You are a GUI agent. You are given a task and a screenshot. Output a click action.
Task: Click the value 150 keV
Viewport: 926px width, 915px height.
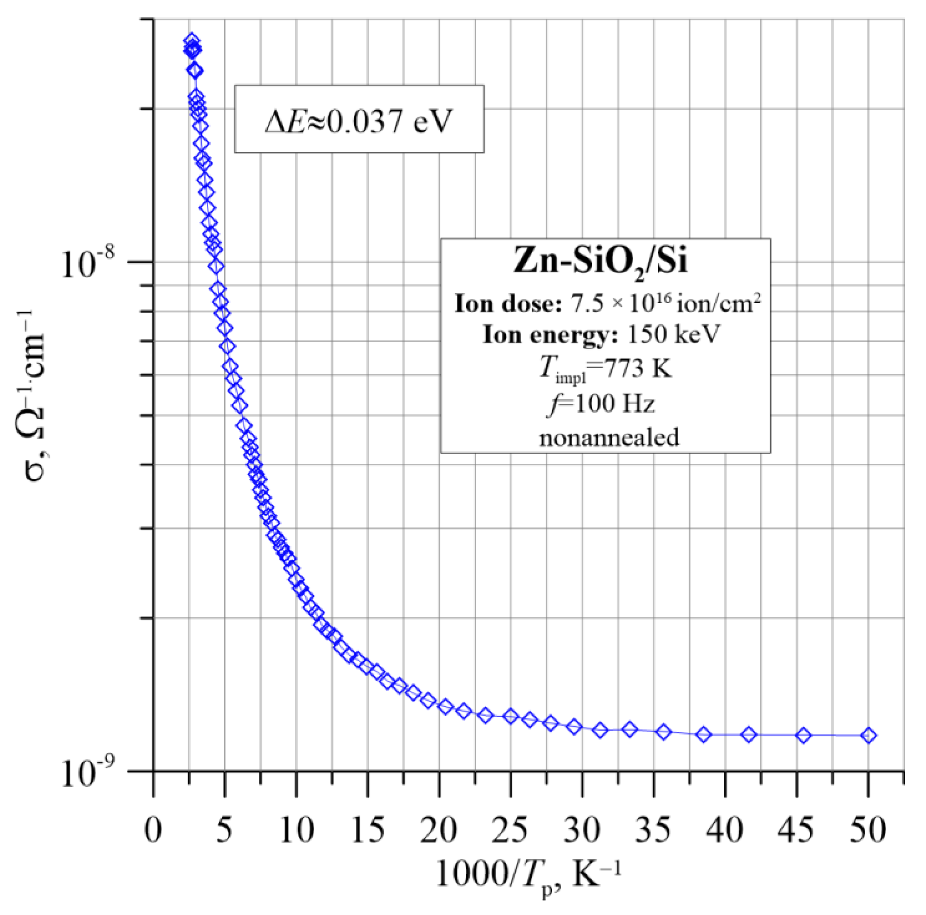(x=674, y=334)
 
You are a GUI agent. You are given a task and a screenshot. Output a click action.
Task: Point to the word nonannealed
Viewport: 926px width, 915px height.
(x=609, y=437)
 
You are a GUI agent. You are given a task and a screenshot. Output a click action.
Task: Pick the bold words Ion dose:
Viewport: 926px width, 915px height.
(x=507, y=304)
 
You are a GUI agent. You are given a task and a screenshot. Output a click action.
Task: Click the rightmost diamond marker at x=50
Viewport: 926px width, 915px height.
(x=868, y=735)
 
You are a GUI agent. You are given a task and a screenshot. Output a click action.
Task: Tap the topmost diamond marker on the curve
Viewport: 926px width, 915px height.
(x=192, y=40)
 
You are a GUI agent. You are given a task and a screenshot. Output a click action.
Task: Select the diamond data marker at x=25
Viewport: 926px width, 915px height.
(x=511, y=716)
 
